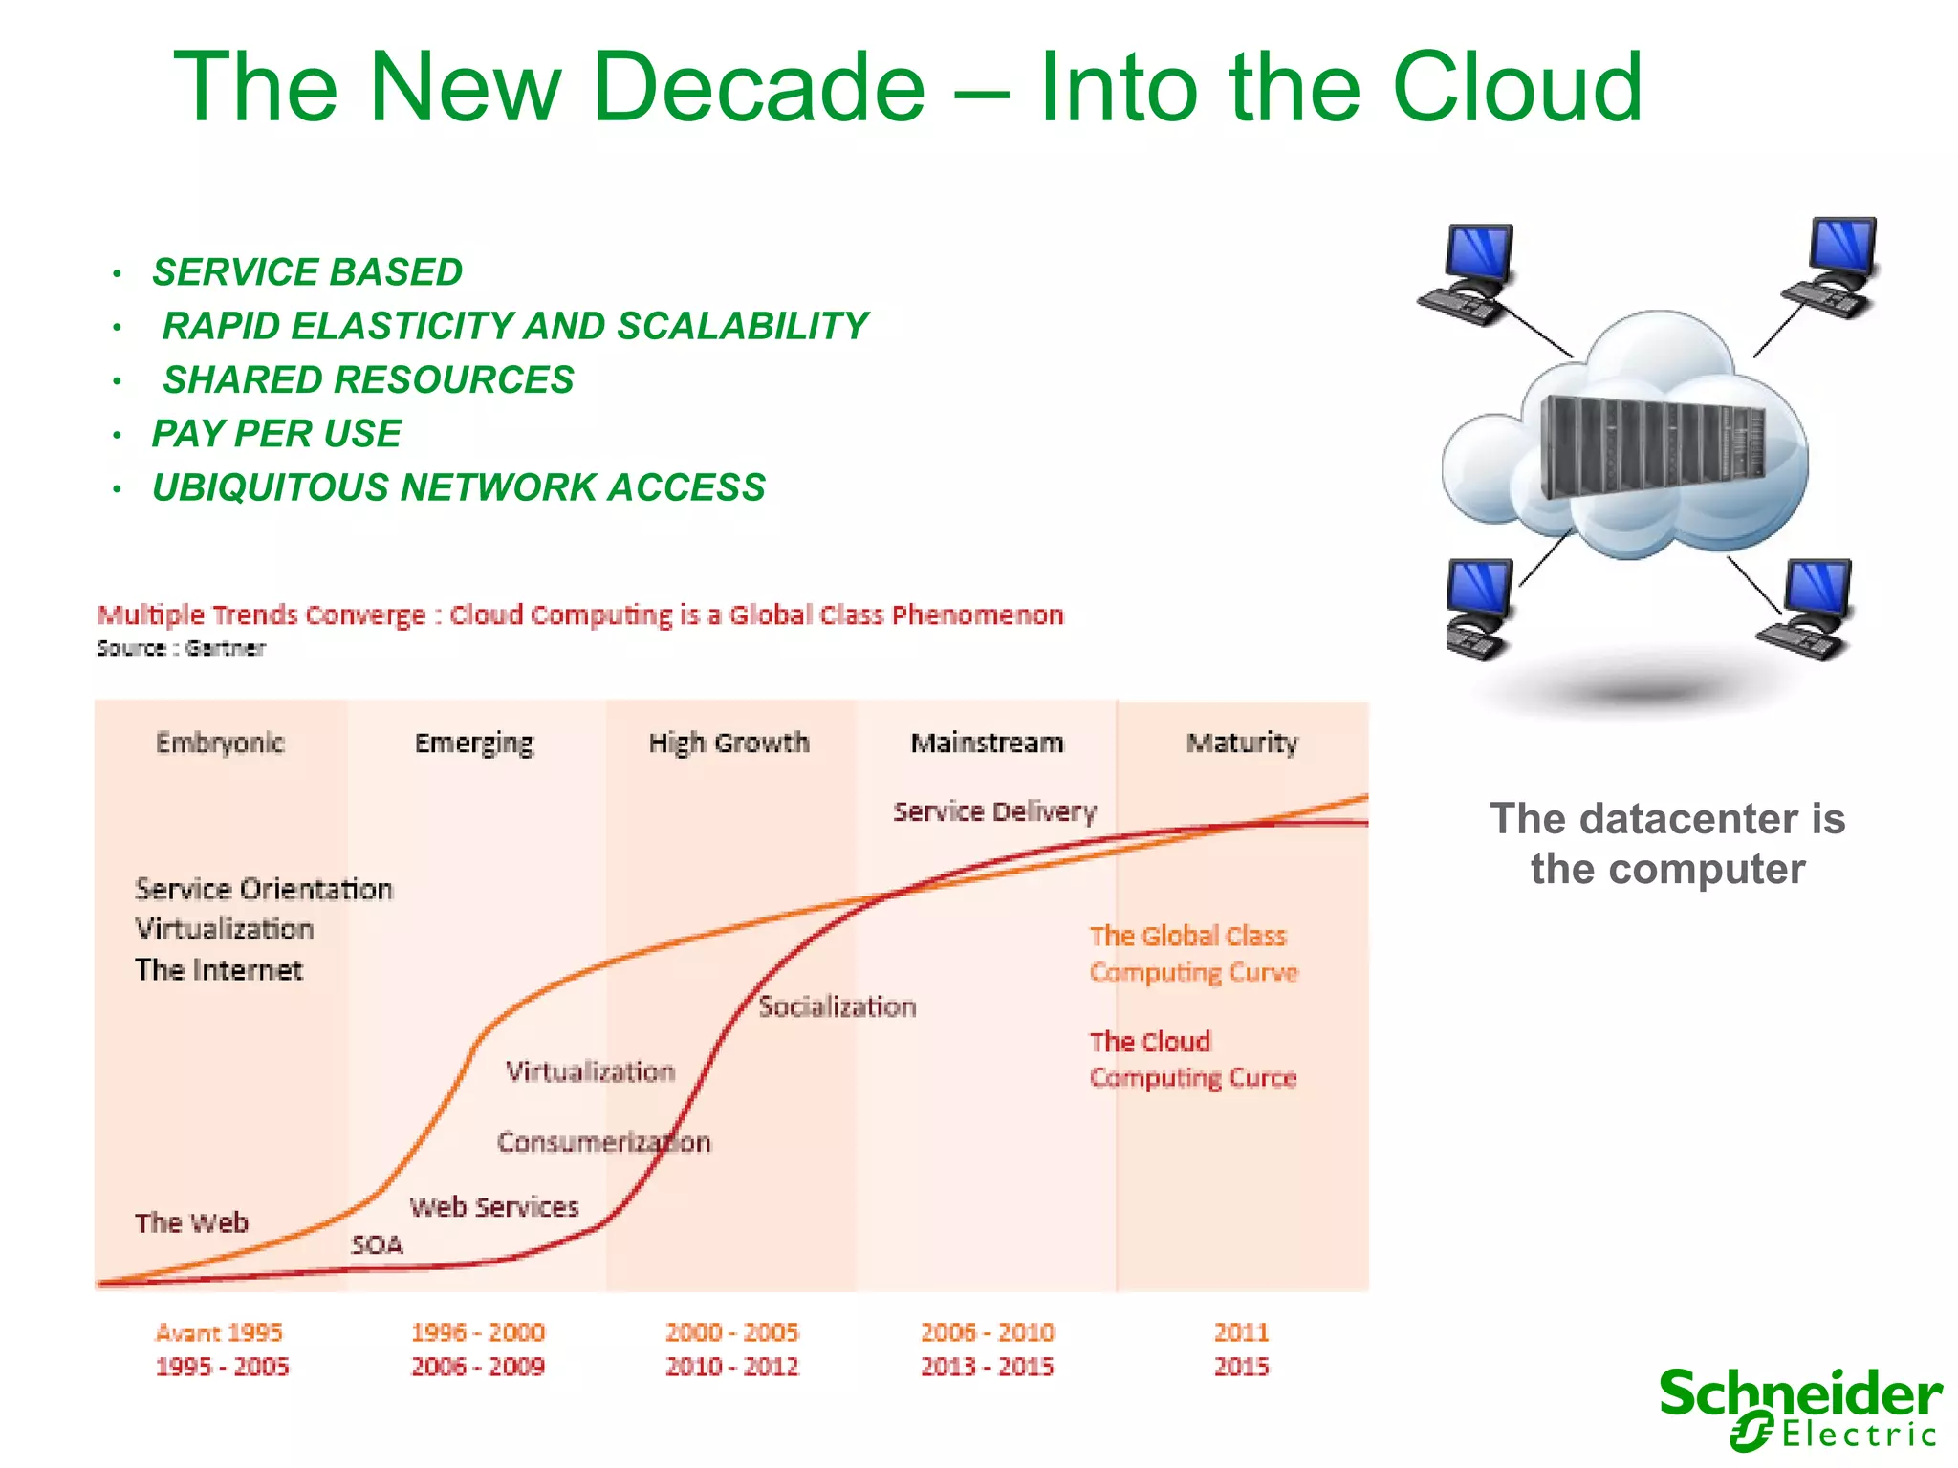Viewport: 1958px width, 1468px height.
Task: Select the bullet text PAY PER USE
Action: [276, 434]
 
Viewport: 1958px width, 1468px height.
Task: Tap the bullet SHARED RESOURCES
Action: [368, 380]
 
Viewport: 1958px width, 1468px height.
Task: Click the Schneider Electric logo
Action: [1800, 1408]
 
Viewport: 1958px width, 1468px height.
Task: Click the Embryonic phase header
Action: [220, 743]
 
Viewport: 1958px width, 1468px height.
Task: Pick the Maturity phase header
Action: [1242, 743]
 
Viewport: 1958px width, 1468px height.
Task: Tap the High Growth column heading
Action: [729, 743]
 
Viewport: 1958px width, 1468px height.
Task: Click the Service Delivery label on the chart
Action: [994, 811]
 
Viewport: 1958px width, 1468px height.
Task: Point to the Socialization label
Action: [838, 1006]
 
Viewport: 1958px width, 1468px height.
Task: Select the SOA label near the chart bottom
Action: [377, 1244]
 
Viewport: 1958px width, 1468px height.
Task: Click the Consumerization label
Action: [604, 1142]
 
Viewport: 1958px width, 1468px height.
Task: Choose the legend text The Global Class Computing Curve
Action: [1193, 954]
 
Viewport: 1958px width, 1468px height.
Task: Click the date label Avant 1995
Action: [219, 1331]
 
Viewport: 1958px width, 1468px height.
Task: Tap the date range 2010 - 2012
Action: [732, 1366]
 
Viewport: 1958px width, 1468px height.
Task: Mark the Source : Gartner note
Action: [181, 648]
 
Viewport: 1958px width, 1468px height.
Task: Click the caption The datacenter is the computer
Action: [1667, 844]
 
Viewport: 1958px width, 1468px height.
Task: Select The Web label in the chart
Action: [191, 1222]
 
